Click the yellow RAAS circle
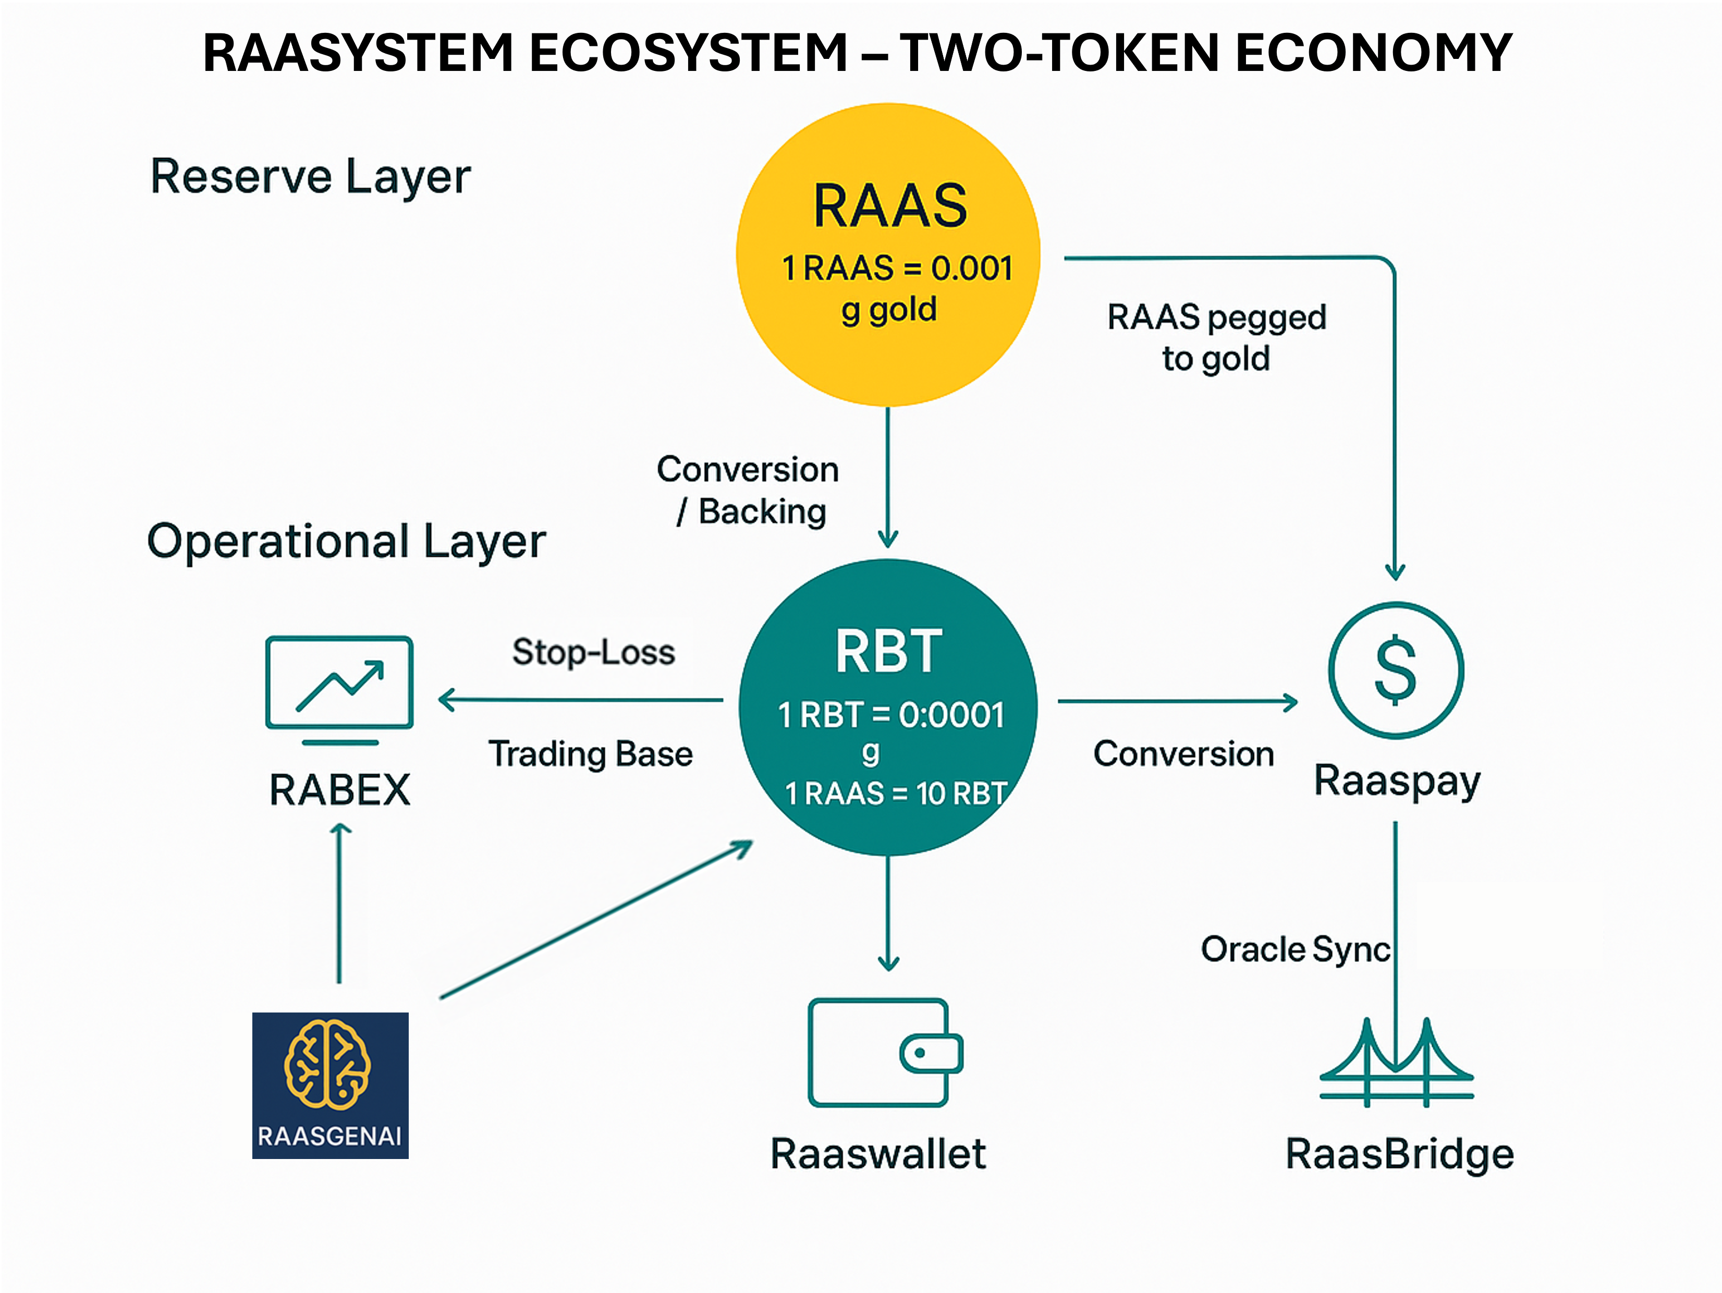pyautogui.click(x=887, y=254)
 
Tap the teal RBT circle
pyautogui.click(x=887, y=707)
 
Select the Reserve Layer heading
pyautogui.click(x=310, y=177)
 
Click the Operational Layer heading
pyautogui.click(x=346, y=542)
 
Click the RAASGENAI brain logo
pyautogui.click(x=330, y=1085)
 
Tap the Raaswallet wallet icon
pyautogui.click(x=885, y=1053)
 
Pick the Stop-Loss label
pyautogui.click(x=593, y=652)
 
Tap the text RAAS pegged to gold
pyautogui.click(x=1216, y=338)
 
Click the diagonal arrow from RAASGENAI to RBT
pyautogui.click(x=595, y=919)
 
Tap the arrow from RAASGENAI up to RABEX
pyautogui.click(x=339, y=903)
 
